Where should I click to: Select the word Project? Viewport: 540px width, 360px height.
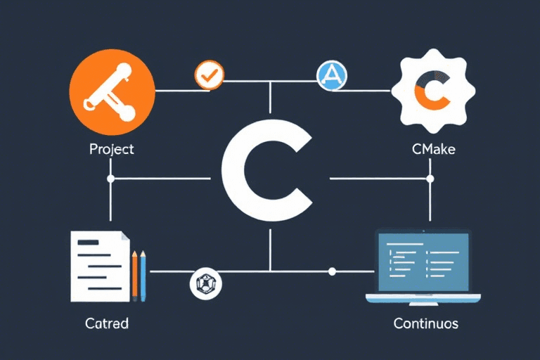[111, 149]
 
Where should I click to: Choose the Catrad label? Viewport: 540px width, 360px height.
[107, 324]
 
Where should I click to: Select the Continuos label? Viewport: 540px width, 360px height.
[427, 324]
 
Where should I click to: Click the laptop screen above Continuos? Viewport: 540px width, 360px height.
[423, 261]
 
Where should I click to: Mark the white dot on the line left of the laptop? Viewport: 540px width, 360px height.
[333, 271]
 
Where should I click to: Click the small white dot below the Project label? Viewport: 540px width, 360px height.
[110, 179]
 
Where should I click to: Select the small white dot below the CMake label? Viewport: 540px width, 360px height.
[430, 179]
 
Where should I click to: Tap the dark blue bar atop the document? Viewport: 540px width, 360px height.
[89, 243]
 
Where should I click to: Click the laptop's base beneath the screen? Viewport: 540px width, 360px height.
[423, 298]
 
